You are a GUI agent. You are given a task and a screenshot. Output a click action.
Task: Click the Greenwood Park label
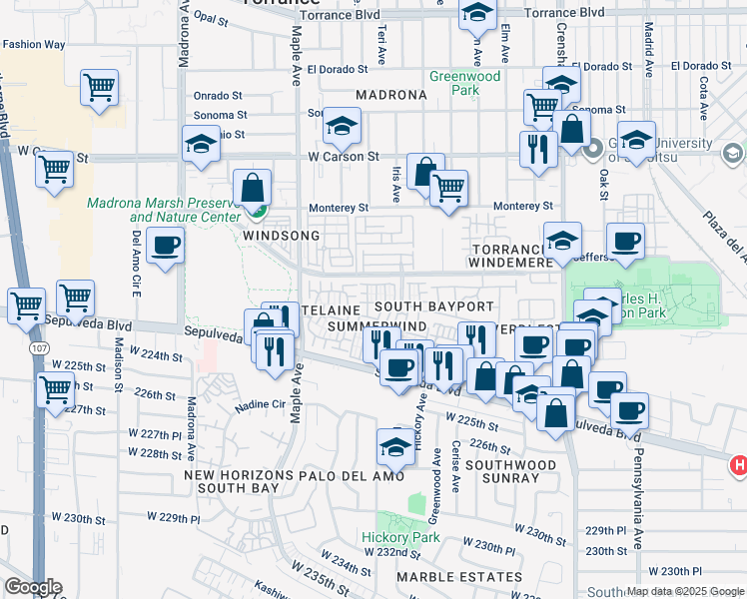(x=464, y=83)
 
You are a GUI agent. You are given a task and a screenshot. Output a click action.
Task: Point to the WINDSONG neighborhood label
(x=283, y=236)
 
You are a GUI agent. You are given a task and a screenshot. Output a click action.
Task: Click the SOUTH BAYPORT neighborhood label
(x=434, y=305)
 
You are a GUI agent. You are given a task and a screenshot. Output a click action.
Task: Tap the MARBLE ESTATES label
(x=459, y=577)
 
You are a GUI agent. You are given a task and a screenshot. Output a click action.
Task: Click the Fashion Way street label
(x=33, y=45)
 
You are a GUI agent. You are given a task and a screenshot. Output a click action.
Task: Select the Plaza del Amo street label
(x=724, y=240)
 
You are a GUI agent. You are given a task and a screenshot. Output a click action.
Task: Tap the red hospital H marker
(x=738, y=465)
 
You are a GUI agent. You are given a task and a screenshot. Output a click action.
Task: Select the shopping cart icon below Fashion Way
(x=100, y=88)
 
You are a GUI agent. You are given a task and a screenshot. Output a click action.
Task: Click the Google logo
(x=33, y=587)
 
